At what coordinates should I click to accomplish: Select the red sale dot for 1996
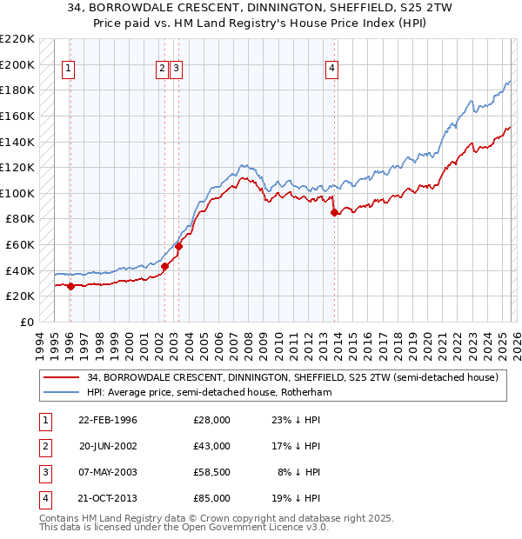[x=70, y=286]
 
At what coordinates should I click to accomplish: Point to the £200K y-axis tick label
[x=17, y=64]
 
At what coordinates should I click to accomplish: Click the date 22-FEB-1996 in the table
[x=107, y=420]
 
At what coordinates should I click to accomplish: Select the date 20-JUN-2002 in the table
[x=107, y=446]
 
